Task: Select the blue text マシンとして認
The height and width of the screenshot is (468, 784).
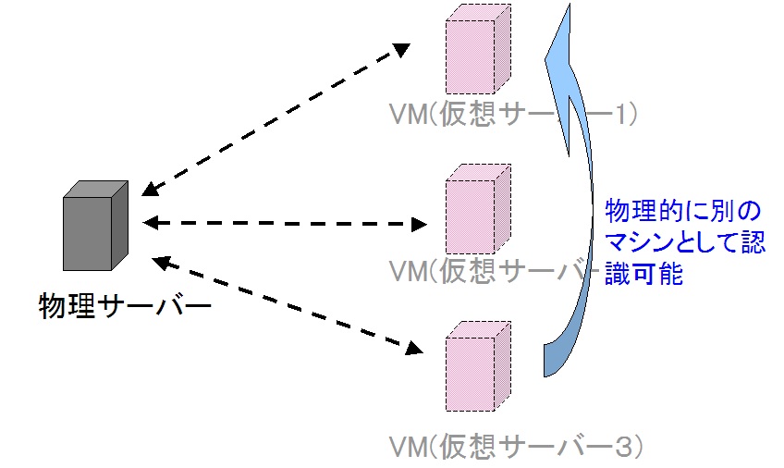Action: [x=685, y=243]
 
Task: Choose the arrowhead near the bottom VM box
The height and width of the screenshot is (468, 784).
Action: [x=414, y=349]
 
